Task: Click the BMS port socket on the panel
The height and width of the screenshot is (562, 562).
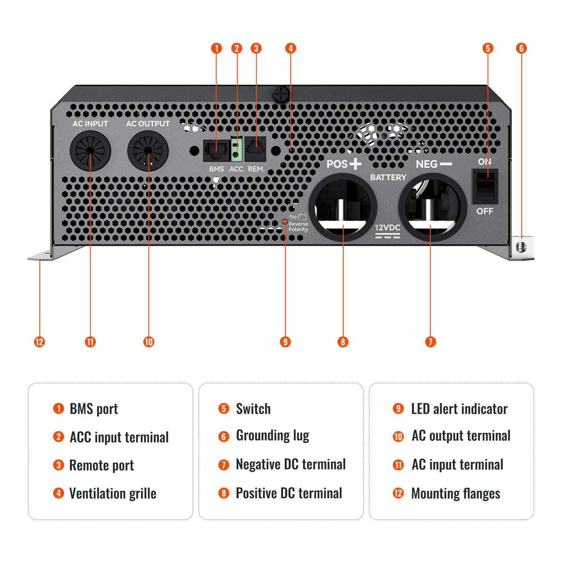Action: click(x=216, y=151)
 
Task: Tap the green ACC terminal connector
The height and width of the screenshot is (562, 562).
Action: click(x=236, y=149)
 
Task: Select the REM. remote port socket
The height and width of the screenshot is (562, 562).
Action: click(x=256, y=149)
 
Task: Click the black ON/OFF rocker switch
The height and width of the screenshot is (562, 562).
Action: click(x=485, y=185)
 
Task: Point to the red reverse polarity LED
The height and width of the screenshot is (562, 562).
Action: click(x=285, y=222)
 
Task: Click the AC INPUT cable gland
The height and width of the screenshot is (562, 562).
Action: click(x=90, y=151)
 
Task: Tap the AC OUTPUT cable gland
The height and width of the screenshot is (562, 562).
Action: click(x=148, y=151)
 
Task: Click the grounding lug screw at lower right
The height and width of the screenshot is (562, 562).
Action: click(x=522, y=247)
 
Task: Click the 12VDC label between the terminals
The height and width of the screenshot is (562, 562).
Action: click(x=387, y=228)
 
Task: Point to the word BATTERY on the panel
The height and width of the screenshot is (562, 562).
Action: click(x=388, y=177)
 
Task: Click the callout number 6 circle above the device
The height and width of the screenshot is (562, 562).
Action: click(x=521, y=48)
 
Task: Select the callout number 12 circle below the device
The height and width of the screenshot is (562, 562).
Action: click(x=39, y=342)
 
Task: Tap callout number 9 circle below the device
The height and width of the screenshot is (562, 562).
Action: click(x=285, y=342)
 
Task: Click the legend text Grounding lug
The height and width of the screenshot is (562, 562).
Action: click(x=272, y=436)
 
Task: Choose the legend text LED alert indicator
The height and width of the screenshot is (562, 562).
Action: click(x=459, y=409)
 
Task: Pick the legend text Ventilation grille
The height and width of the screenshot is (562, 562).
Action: click(x=113, y=493)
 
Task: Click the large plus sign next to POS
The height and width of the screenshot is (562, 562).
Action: click(x=355, y=164)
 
